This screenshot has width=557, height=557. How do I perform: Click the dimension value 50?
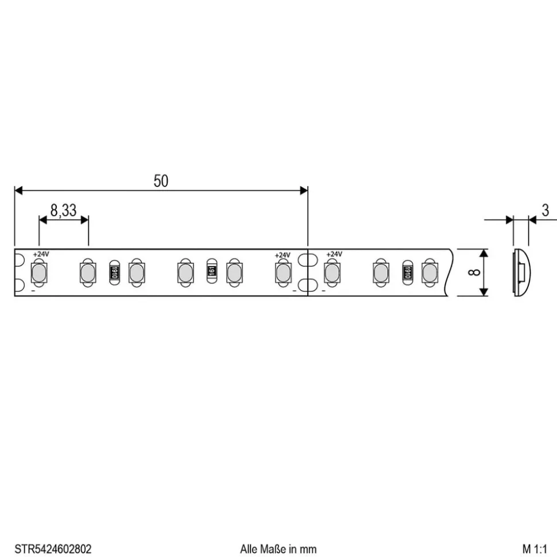point(161,181)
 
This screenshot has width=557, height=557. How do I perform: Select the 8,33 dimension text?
point(63,211)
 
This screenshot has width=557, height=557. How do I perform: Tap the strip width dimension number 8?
point(473,272)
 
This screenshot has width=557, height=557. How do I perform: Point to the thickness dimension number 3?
point(545,211)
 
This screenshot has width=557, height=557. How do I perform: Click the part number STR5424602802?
point(53,549)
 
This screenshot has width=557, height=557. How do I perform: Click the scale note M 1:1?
point(536,549)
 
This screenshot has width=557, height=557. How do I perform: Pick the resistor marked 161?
point(211,271)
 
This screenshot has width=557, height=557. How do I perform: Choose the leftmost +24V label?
point(41,254)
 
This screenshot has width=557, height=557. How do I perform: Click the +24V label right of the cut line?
point(334,254)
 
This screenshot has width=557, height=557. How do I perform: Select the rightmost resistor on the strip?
point(408,271)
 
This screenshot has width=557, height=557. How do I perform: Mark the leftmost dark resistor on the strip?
point(114,271)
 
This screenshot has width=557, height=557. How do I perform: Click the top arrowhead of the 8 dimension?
point(483,254)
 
